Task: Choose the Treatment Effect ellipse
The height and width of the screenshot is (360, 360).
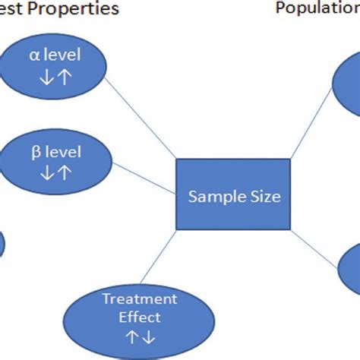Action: click(139, 313)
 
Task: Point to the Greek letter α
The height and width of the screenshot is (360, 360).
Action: click(34, 55)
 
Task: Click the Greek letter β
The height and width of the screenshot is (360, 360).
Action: click(35, 152)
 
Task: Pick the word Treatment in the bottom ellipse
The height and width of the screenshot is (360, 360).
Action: click(139, 298)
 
